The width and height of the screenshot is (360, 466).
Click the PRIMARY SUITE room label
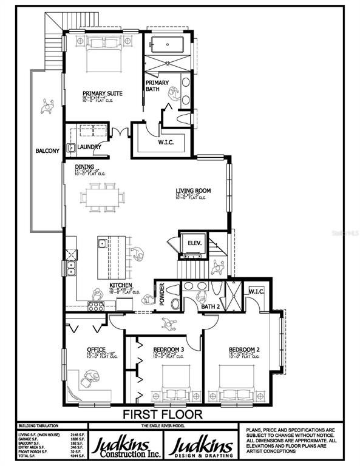coord(103,93)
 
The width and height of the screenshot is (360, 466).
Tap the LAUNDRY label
coord(88,146)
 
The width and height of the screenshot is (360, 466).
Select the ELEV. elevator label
coord(194,243)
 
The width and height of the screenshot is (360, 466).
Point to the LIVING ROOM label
coord(193,191)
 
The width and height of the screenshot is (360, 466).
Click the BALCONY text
coord(47,150)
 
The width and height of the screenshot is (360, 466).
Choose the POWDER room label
coord(162,295)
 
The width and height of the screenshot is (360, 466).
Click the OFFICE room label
coord(97,349)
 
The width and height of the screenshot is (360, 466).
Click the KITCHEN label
coord(121,285)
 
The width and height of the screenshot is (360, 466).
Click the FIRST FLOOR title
coord(163,415)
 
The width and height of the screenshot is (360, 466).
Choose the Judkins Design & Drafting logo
coord(203,446)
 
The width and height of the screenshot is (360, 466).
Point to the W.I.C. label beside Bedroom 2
coord(256,291)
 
